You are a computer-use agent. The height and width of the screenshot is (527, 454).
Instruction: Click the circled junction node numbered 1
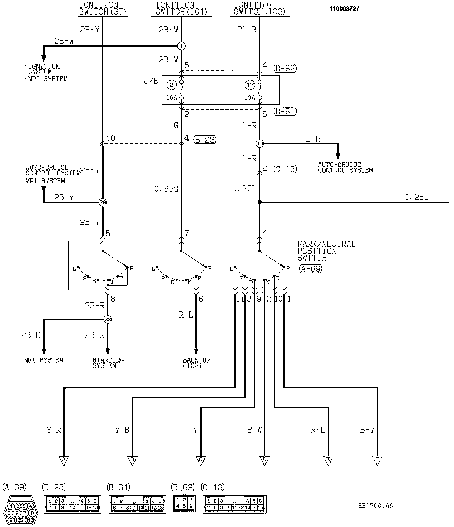tap(181, 46)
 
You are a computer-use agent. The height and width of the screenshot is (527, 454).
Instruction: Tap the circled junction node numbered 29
tap(103, 202)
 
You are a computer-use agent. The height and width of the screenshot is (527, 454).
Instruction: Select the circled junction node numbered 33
tap(108, 319)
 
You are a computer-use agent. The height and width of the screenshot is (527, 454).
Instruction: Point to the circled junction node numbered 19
tap(259, 144)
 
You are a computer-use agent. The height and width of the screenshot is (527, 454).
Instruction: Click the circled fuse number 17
tap(250, 85)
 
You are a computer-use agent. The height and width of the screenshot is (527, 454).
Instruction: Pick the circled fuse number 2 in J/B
tap(171, 85)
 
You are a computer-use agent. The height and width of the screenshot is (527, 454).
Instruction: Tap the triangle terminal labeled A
tap(64, 460)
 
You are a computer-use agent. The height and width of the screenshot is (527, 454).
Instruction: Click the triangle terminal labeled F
tap(377, 460)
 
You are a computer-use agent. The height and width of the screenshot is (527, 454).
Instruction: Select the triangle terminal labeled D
tap(264, 460)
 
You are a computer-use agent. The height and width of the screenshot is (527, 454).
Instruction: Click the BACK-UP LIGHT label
tap(196, 363)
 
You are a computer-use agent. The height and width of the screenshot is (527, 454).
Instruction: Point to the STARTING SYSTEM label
tap(108, 363)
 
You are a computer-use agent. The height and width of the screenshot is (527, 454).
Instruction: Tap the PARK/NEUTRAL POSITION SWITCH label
tap(326, 251)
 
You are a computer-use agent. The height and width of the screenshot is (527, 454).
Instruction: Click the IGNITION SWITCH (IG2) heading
tap(259, 9)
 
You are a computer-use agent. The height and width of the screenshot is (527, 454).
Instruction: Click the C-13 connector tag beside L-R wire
tap(285, 169)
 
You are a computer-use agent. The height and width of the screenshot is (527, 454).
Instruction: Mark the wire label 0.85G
tap(167, 188)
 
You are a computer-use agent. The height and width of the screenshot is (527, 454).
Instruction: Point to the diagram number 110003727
tap(345, 9)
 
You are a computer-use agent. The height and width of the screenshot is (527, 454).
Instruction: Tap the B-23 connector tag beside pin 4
tap(205, 140)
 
